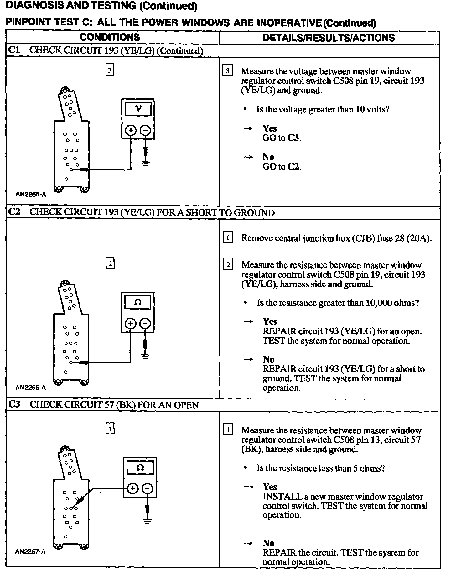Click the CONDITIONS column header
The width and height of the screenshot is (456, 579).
point(110,37)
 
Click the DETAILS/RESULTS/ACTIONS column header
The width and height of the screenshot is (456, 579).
point(329,38)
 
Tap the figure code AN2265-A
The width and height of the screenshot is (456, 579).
point(31,195)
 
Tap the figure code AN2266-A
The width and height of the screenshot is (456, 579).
point(31,388)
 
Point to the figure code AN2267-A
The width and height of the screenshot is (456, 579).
point(30,552)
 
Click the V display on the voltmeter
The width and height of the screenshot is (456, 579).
point(138,109)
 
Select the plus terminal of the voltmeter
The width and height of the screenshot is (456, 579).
point(131,130)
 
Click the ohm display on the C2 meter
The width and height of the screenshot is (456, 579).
point(138,302)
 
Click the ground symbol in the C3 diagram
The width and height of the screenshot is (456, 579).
point(148,521)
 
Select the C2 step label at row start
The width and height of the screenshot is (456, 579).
point(14,212)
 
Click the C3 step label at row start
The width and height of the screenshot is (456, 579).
point(14,404)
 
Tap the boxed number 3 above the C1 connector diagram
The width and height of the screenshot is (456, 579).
point(110,70)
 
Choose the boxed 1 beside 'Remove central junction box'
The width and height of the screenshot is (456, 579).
point(228,238)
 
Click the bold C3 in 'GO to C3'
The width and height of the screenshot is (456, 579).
point(293,138)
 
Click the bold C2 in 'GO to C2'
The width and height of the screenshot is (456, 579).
point(293,167)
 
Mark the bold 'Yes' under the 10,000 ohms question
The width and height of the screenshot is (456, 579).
point(270,321)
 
